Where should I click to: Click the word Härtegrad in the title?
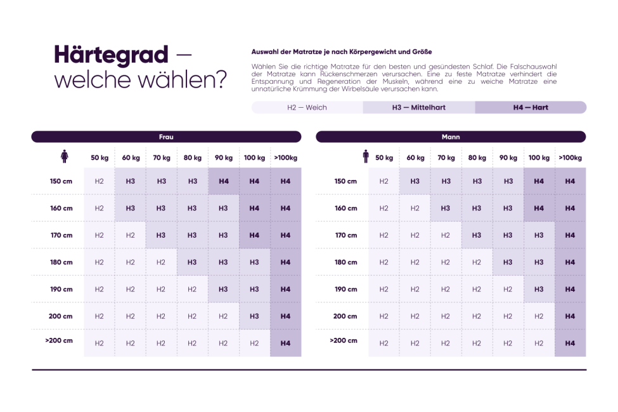click(x=111, y=55)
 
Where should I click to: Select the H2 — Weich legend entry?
click(x=307, y=108)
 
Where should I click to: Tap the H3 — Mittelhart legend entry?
click(x=418, y=108)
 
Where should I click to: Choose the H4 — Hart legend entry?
click(x=531, y=108)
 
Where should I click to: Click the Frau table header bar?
click(x=166, y=137)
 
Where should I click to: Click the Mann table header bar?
click(x=451, y=137)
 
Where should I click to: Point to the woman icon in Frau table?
click(x=64, y=157)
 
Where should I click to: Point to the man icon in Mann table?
click(x=366, y=157)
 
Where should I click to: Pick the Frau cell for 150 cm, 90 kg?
click(x=223, y=181)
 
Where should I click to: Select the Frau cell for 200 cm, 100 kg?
click(x=254, y=316)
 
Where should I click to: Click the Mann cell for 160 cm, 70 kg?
click(x=446, y=208)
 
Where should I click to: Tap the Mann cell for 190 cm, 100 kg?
click(x=539, y=289)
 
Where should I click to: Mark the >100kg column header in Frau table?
click(x=285, y=158)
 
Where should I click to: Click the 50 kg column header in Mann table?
click(x=384, y=158)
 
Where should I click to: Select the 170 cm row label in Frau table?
click(x=61, y=235)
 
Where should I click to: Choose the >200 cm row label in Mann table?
click(x=344, y=340)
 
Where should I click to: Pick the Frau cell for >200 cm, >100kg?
click(x=285, y=344)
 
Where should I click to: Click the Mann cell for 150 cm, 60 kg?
click(x=415, y=181)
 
